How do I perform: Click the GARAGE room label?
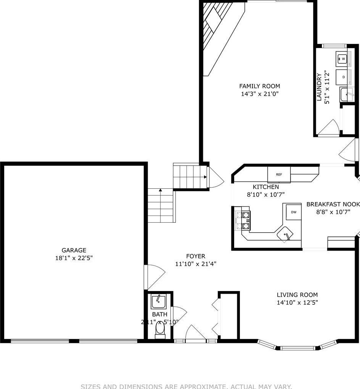(74, 251)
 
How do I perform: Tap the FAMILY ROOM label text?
(259, 86)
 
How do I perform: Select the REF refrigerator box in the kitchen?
(279, 174)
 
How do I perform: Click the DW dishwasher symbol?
(293, 212)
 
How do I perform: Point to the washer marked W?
(343, 59)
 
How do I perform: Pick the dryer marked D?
(343, 77)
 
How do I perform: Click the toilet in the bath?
(160, 329)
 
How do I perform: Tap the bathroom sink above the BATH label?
(158, 302)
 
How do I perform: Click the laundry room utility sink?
(347, 94)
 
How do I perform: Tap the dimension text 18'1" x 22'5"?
(74, 258)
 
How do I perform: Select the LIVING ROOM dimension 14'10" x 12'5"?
(297, 302)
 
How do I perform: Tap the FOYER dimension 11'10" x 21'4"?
(196, 264)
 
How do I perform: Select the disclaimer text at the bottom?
(186, 386)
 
